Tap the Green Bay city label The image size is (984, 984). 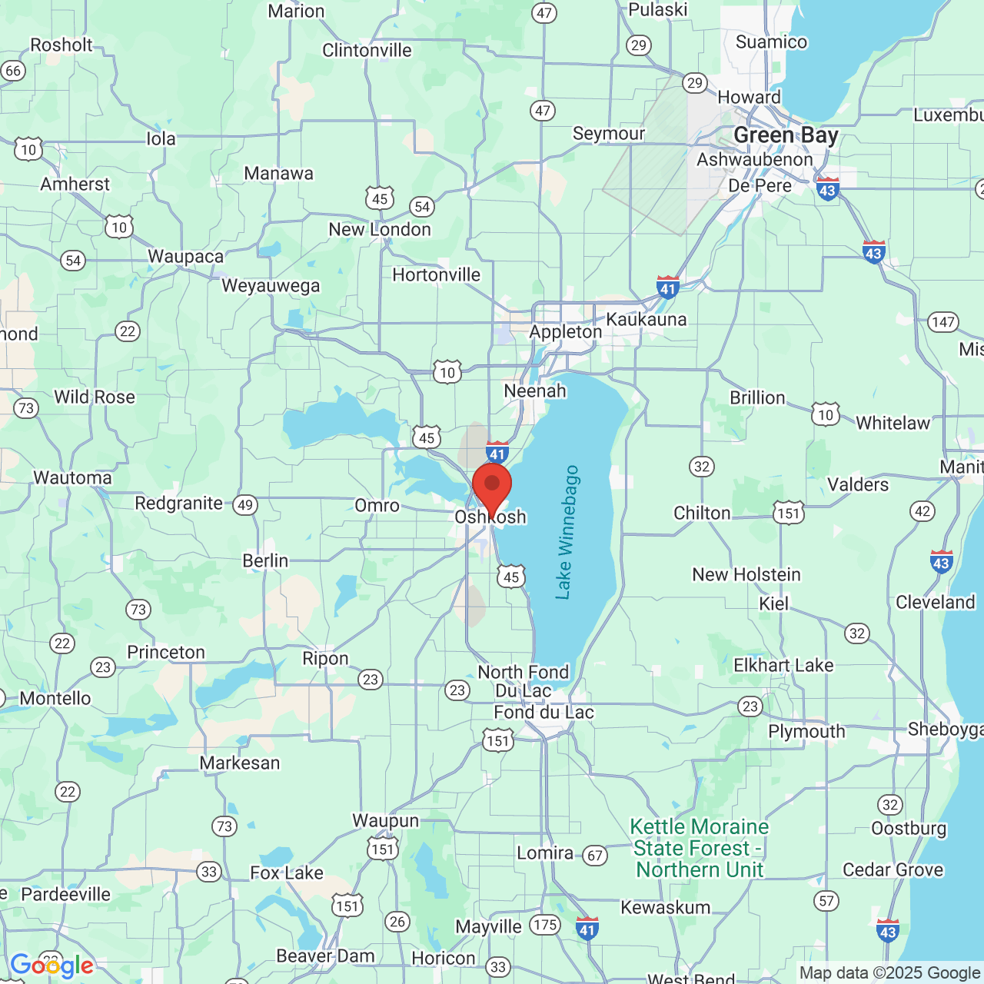(x=786, y=135)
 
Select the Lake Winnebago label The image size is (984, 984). (x=567, y=532)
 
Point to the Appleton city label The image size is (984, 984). (x=566, y=332)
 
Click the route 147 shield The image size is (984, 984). (x=943, y=322)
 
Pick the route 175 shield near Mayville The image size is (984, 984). (x=545, y=925)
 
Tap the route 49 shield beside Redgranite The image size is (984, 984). (x=245, y=505)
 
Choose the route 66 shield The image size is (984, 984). (x=13, y=71)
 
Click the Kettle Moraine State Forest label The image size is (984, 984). (x=699, y=848)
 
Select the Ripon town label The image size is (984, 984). (x=325, y=659)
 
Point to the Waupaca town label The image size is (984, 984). (x=185, y=257)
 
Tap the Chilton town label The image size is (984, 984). (x=702, y=514)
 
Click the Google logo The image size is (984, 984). (x=52, y=966)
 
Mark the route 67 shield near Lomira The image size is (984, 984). (x=595, y=855)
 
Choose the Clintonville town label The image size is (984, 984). (x=367, y=51)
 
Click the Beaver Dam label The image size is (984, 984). (x=325, y=956)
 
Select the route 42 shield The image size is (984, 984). (x=922, y=511)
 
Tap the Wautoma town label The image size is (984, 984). (x=72, y=478)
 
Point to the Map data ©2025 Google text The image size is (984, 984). (x=889, y=973)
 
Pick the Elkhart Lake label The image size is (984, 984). (x=783, y=666)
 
